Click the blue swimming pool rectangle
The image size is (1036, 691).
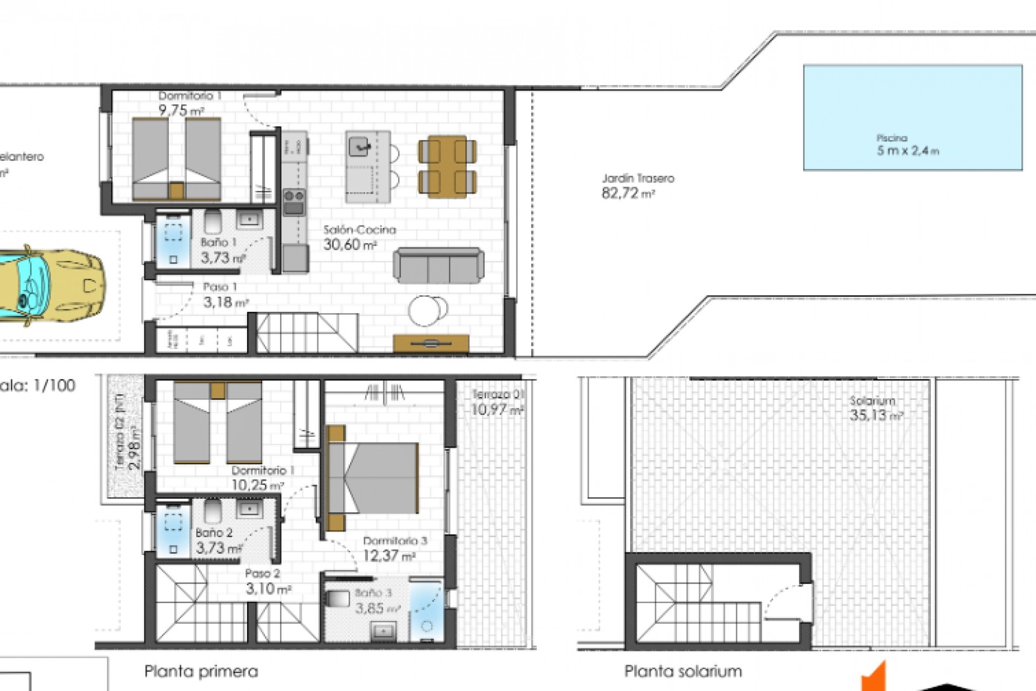[x=912, y=117]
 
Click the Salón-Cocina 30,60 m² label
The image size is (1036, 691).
[x=359, y=238]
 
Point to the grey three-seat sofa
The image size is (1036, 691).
[x=438, y=266]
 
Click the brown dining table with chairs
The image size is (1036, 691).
[x=447, y=166]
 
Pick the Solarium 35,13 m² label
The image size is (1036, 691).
[x=876, y=409]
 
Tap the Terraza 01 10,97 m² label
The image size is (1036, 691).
[x=496, y=403]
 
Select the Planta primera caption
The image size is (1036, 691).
[x=201, y=672]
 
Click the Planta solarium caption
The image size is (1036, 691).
[x=683, y=672]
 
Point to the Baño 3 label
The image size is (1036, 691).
[x=373, y=593]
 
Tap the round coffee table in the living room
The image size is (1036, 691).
[x=427, y=310]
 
